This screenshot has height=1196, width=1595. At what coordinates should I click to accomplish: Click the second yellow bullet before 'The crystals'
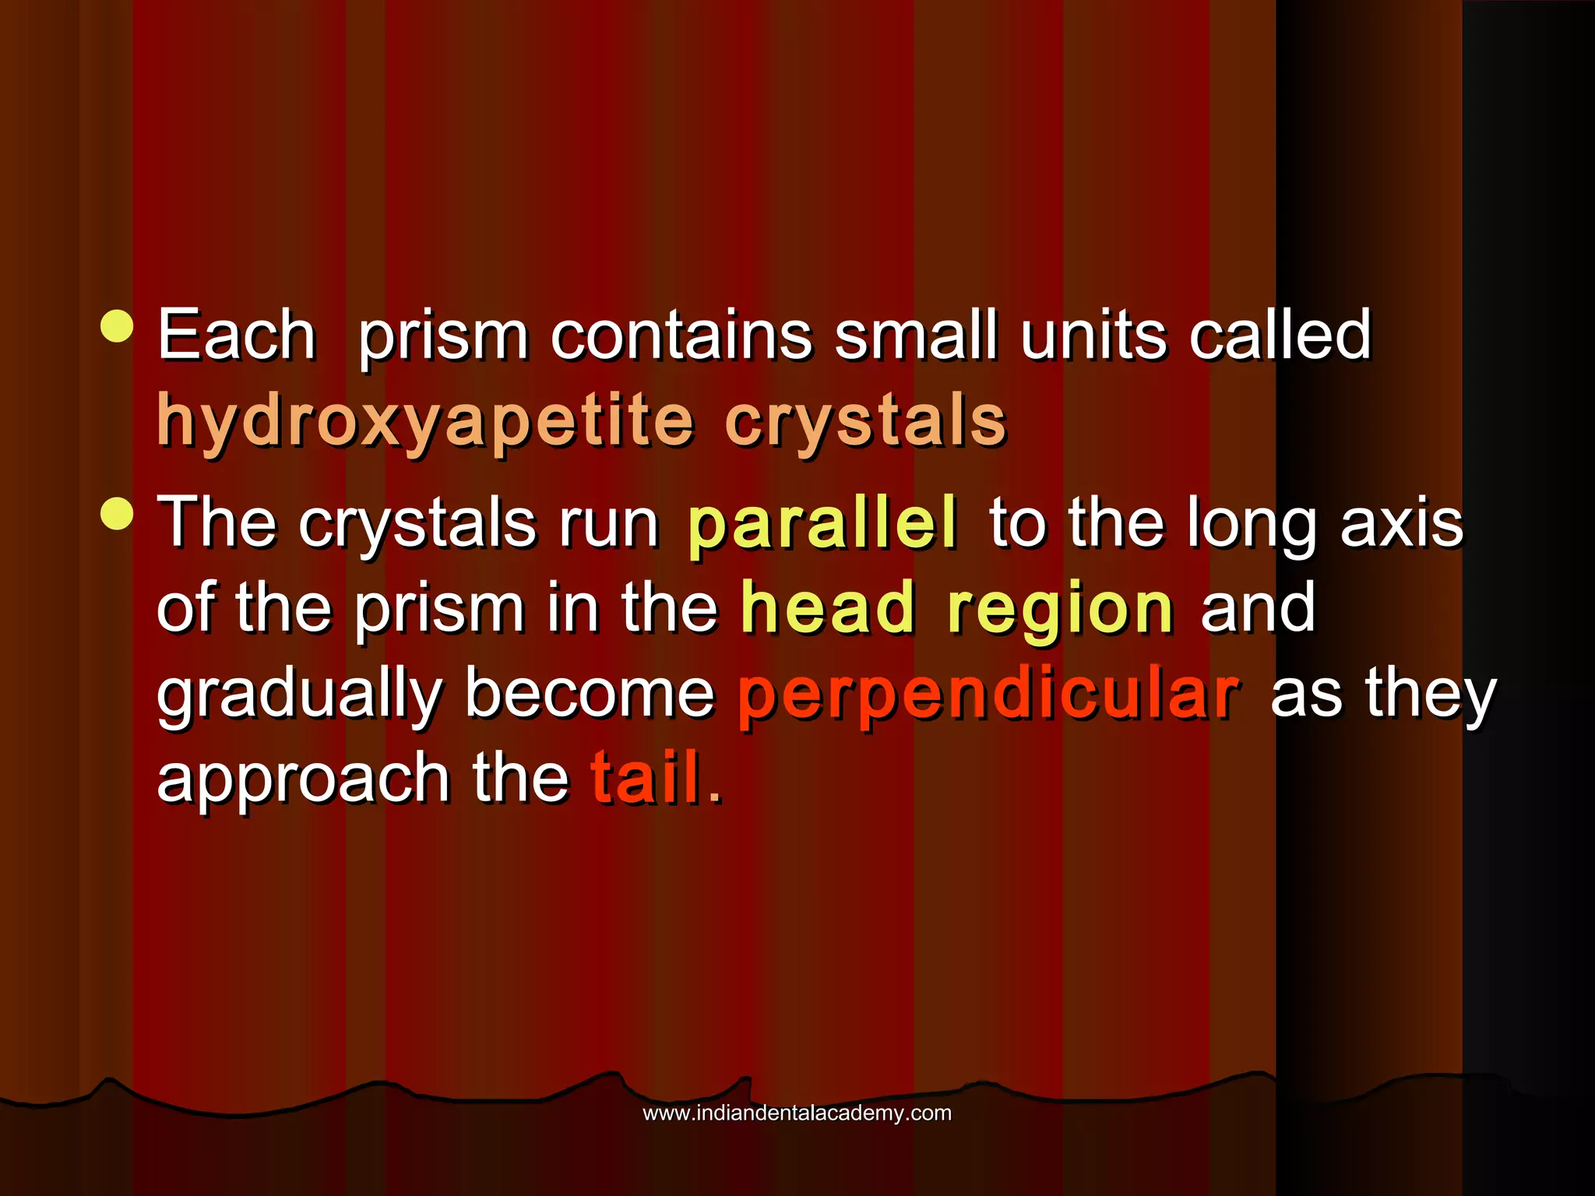click(x=118, y=513)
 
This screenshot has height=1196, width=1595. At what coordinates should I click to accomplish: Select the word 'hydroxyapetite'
click(x=425, y=421)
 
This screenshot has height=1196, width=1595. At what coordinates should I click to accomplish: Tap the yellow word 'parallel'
click(x=822, y=522)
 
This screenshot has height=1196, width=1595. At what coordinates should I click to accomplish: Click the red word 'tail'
click(x=647, y=778)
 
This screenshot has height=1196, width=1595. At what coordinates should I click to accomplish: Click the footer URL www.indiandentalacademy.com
click(x=797, y=1113)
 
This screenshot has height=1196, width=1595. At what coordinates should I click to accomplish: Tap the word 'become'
click(x=590, y=693)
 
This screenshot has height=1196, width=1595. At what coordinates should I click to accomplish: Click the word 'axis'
click(x=1402, y=522)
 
